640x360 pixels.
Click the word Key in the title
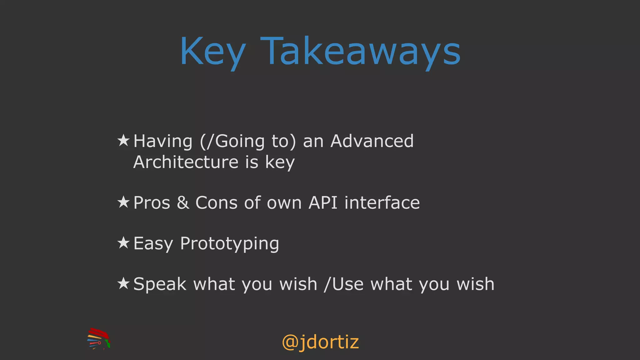pos(212,52)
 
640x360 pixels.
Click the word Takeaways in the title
pos(360,52)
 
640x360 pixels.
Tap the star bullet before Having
pos(123,141)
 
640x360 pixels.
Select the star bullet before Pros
pos(123,202)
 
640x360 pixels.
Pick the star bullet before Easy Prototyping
pos(123,243)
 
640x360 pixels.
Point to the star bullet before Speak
pos(123,283)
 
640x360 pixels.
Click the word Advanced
pos(372,141)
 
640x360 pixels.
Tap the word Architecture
pos(186,162)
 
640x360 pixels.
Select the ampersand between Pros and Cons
pos(183,202)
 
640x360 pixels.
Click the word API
pos(323,202)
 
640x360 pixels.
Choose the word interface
pos(382,202)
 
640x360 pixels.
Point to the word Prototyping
pos(229,243)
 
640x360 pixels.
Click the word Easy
pos(153,243)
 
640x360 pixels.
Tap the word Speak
pos(160,284)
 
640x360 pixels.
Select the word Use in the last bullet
pos(348,284)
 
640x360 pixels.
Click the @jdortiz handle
pos(320,342)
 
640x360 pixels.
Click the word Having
pos(162,141)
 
